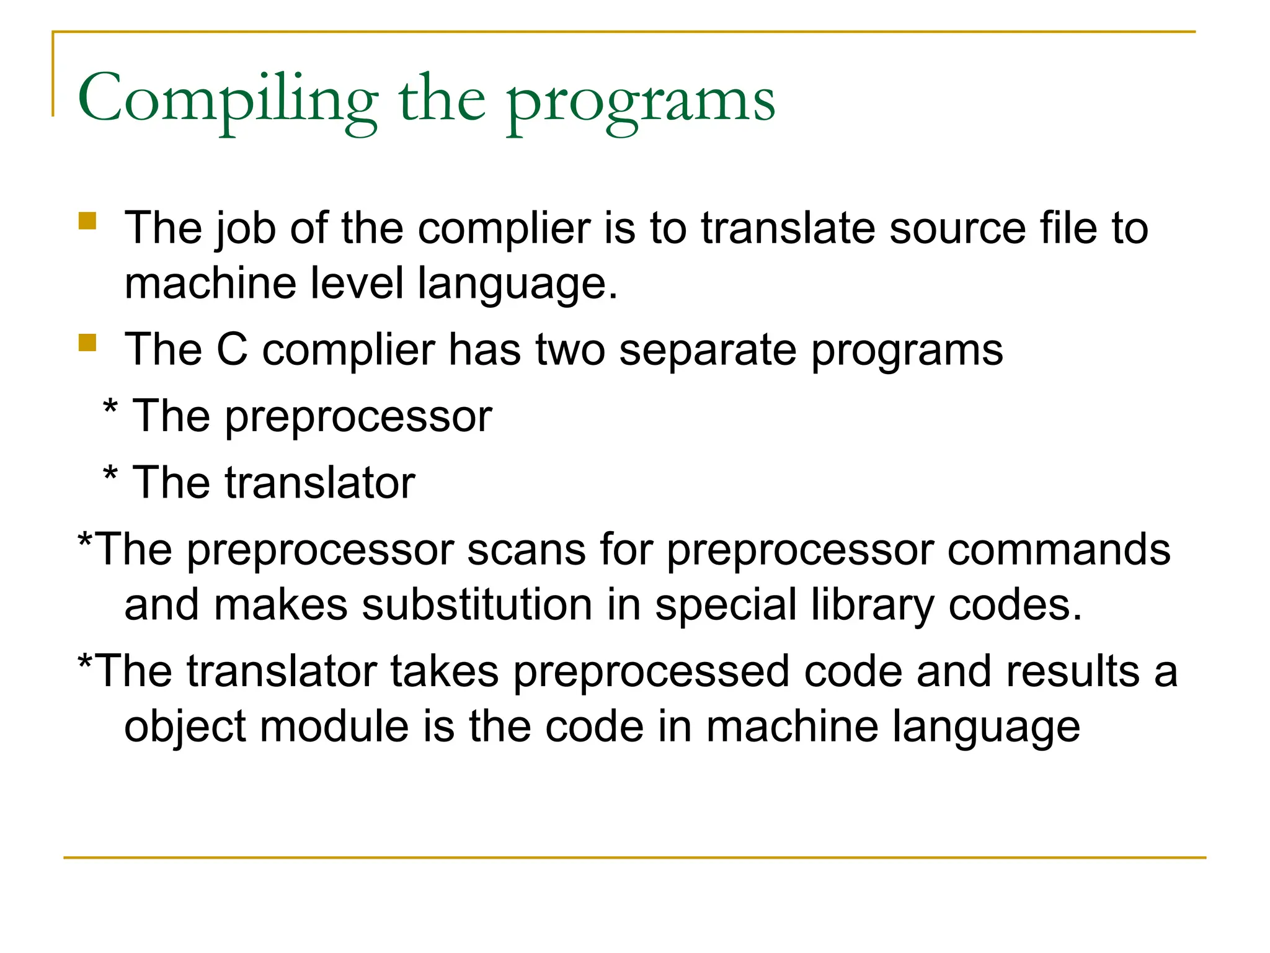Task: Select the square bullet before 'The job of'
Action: click(87, 221)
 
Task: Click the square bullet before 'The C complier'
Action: click(87, 343)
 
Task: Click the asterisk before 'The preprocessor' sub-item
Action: click(110, 409)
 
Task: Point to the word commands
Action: click(1059, 550)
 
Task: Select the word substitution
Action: click(477, 605)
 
